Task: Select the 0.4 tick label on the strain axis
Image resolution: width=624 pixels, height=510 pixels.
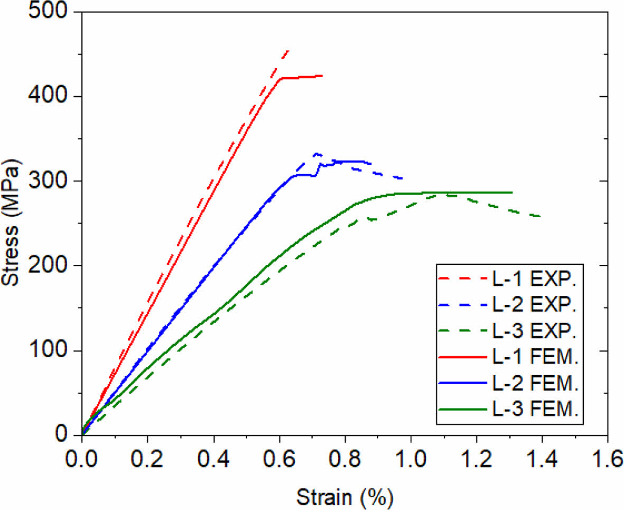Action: click(213, 456)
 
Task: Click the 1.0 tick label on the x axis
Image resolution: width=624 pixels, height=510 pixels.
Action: click(411, 456)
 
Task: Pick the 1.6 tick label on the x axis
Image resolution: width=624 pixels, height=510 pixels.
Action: click(607, 456)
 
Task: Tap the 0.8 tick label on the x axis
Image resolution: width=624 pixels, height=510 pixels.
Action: click(345, 456)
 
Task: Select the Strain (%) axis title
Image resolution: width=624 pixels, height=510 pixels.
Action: click(344, 497)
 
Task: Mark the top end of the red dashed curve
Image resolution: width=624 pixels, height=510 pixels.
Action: click(288, 51)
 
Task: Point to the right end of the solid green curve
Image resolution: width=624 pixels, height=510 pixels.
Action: click(512, 192)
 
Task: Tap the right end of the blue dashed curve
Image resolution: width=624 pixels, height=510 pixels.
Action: click(402, 178)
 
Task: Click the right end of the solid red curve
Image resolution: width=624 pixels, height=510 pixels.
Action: click(322, 76)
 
